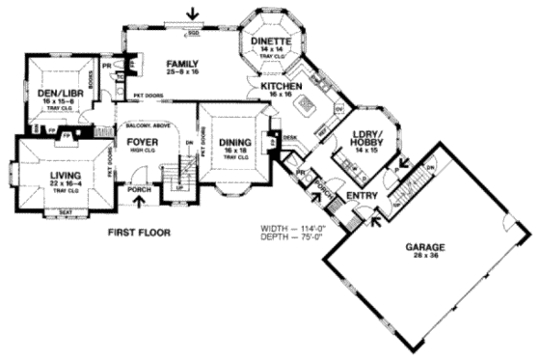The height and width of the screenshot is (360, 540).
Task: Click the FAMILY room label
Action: coord(181,62)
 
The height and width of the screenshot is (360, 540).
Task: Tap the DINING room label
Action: coord(232,141)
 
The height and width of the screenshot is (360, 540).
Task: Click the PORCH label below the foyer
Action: coord(140,190)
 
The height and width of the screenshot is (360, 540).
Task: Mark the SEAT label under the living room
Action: coord(66,213)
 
